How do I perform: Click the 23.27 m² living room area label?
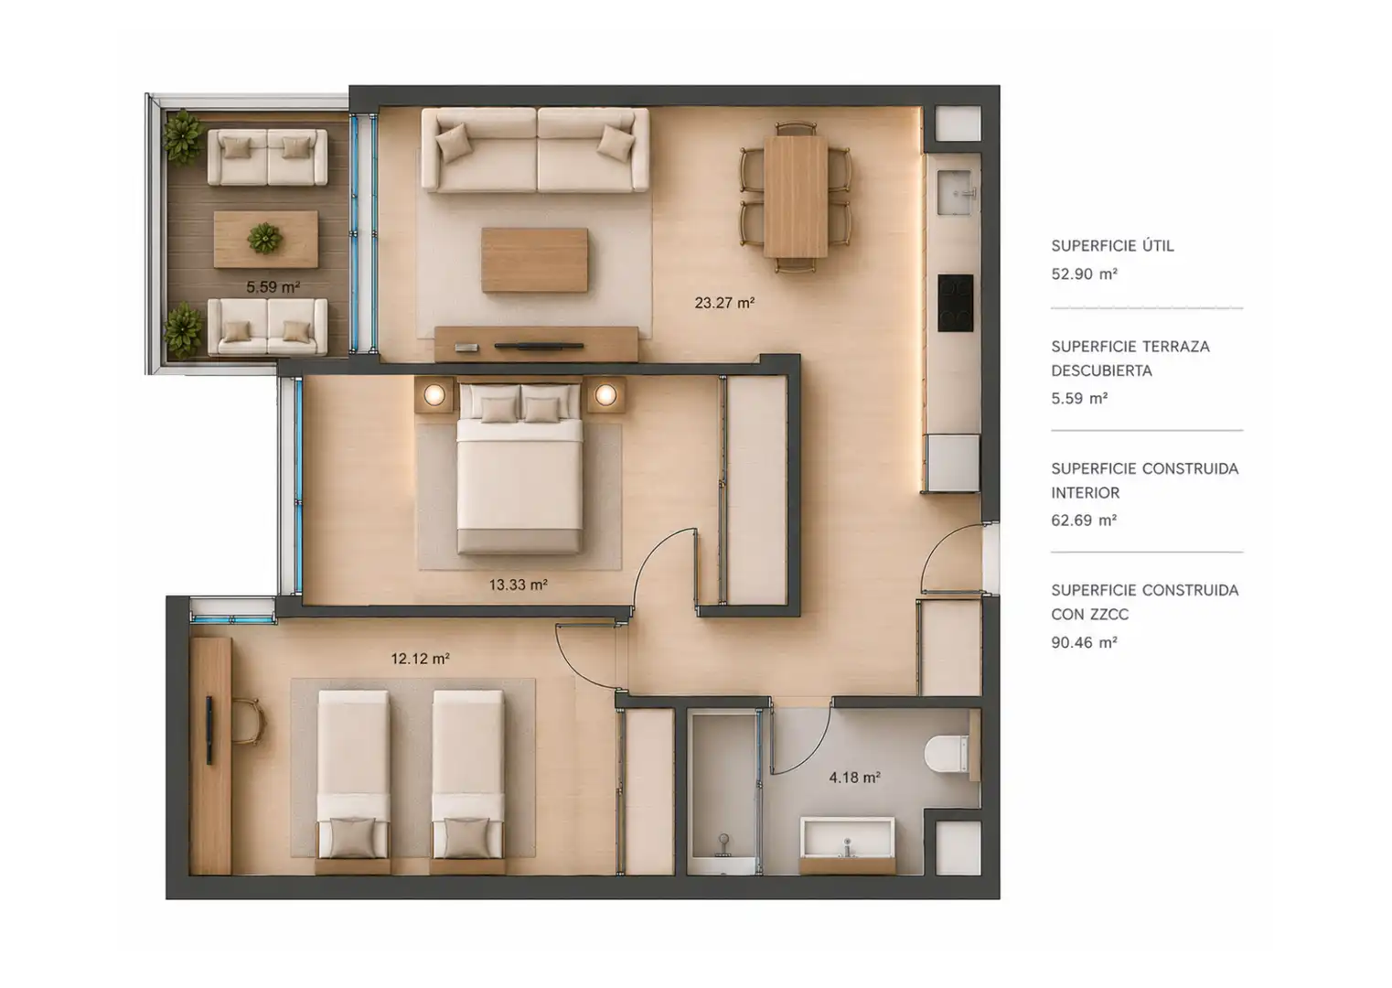[x=724, y=303]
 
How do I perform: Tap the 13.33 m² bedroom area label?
[x=519, y=585]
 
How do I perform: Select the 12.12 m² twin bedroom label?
[x=420, y=659]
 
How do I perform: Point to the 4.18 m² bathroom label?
[x=854, y=778]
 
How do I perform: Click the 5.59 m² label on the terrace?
[x=273, y=287]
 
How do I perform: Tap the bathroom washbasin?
[x=847, y=838]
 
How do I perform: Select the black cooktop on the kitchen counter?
[x=956, y=303]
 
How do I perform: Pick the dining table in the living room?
[x=796, y=197]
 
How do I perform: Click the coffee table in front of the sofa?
[x=534, y=260]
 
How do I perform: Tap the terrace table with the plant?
[x=266, y=240]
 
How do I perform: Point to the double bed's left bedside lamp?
[x=434, y=394]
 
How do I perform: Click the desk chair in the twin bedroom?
[x=249, y=721]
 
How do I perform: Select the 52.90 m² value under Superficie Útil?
[x=1085, y=274]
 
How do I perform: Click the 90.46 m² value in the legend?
[x=1085, y=641]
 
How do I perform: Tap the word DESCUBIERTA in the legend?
[x=1102, y=370]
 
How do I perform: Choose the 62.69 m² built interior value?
[x=1084, y=520]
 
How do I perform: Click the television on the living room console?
[x=539, y=346]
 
